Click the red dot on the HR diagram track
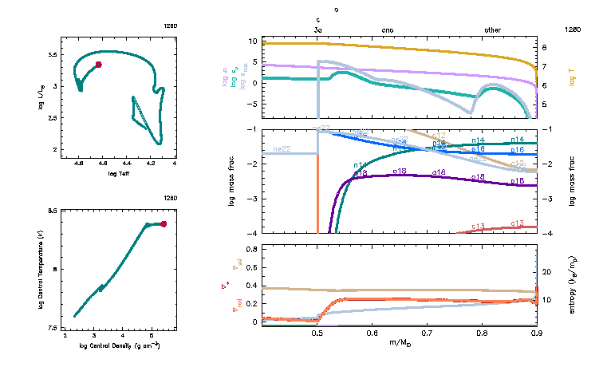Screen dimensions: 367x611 point(98,65)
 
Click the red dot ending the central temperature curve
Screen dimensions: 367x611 point(164,224)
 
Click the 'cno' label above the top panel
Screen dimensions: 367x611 point(388,29)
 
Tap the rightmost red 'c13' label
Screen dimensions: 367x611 point(517,224)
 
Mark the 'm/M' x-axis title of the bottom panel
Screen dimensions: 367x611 point(400,342)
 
